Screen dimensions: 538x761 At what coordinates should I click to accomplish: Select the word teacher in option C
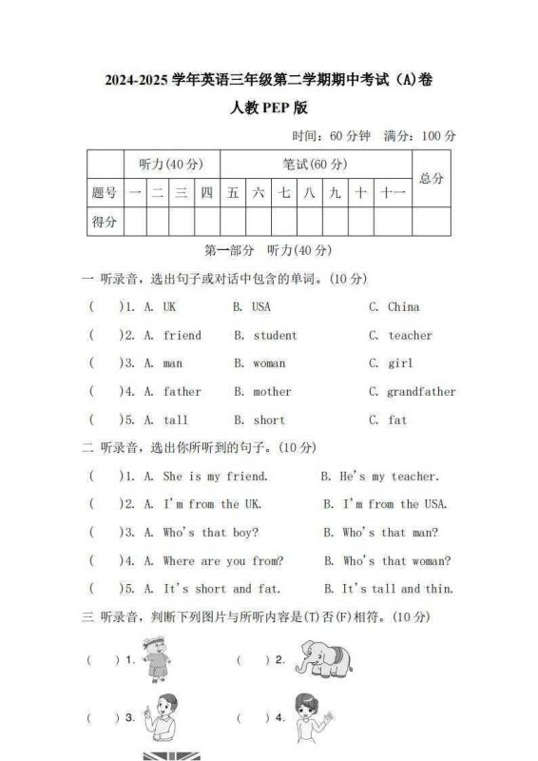coord(410,336)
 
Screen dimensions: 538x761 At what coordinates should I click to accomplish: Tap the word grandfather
coord(421,392)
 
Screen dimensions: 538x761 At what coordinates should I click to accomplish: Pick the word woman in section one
coord(269,363)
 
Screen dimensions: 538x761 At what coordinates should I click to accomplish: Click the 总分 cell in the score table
coord(432,178)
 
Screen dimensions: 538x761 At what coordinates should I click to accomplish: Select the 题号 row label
coord(105,193)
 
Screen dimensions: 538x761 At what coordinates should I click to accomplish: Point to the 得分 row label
coord(105,222)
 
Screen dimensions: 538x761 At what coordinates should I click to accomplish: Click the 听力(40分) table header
coord(171,164)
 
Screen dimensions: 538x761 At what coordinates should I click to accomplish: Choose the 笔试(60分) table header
coord(315,164)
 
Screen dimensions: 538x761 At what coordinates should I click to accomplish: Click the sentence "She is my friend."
coord(215,477)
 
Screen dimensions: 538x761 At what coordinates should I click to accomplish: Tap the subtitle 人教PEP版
coord(269,107)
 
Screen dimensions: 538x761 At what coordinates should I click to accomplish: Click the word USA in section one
coord(260,307)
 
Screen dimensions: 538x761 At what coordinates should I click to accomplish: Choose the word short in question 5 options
coord(269,420)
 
